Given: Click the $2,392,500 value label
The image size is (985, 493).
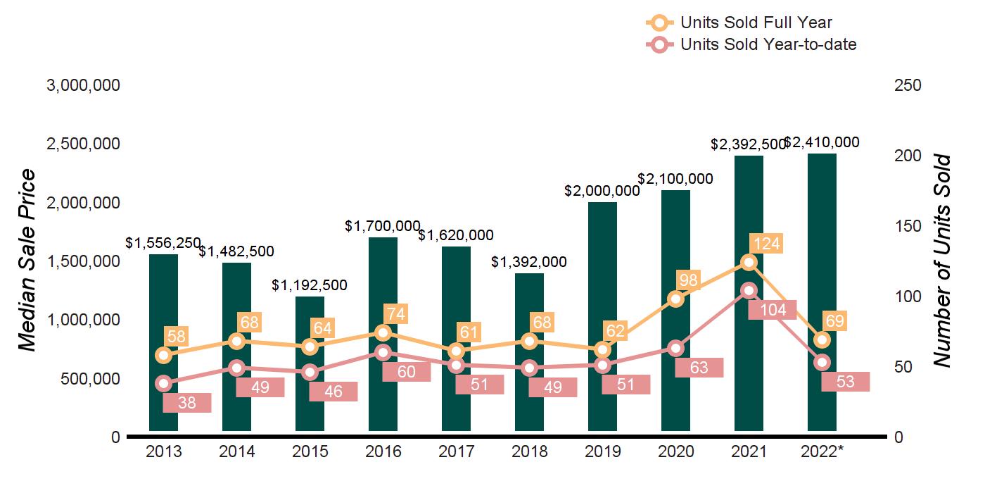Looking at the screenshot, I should [748, 144].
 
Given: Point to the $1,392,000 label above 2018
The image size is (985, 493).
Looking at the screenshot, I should [529, 262].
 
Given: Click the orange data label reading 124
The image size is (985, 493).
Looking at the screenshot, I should [765, 244].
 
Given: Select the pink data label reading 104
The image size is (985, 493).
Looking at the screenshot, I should [772, 310].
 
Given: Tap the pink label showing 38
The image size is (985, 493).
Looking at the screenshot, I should [186, 403].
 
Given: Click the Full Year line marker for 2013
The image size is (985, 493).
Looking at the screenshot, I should [163, 355].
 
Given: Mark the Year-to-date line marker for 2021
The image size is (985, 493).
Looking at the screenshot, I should [749, 290].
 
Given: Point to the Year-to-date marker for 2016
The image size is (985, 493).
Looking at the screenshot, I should [383, 352].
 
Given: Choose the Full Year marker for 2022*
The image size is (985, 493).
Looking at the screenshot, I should [822, 339].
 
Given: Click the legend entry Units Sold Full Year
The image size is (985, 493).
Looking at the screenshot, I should [756, 23].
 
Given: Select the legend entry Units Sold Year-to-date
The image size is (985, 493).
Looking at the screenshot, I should [768, 44].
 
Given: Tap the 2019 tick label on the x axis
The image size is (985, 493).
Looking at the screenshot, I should [603, 451].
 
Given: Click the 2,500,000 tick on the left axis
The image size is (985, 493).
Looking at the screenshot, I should [83, 144].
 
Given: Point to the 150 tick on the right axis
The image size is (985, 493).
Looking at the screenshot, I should [908, 226].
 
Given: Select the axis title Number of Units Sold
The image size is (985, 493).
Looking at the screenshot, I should [941, 261].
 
